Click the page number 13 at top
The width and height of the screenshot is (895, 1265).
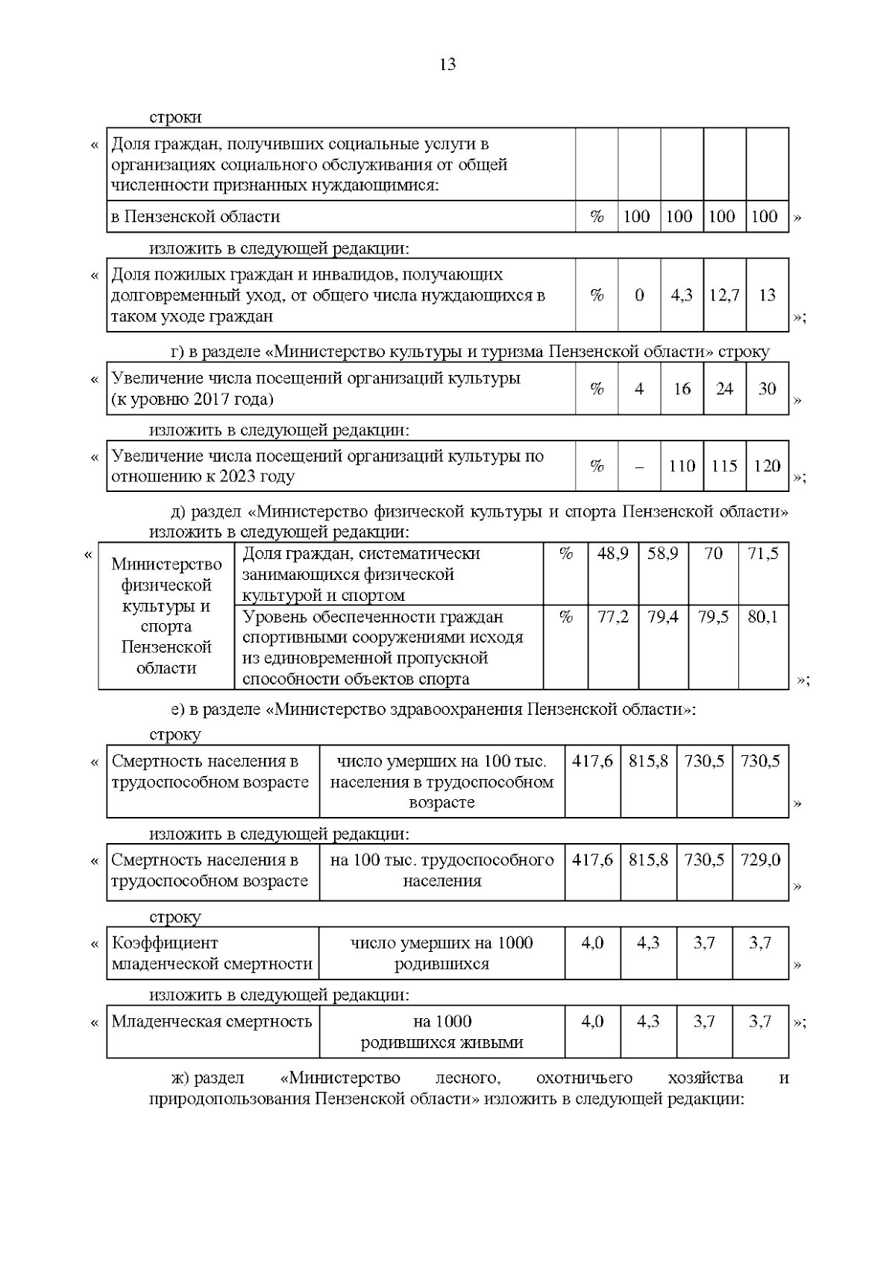pos(447,64)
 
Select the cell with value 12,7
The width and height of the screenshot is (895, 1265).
pos(724,295)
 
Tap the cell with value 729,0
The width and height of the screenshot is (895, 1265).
pos(760,860)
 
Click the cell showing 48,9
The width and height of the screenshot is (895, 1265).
pos(613,554)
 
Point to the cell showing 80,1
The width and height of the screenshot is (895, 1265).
pos(763,617)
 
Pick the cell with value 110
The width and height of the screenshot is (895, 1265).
pos(682,466)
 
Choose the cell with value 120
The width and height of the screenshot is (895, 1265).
pos(767,466)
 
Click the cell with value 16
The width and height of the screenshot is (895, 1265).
pos(682,388)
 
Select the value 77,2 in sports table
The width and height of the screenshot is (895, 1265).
pos(613,617)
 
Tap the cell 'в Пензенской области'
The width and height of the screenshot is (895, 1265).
pos(195,217)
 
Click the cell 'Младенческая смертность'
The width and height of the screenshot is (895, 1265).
pos(212,1021)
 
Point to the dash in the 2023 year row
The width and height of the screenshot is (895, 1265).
pos(639,467)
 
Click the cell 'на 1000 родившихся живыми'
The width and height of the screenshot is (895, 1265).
pos(442,1032)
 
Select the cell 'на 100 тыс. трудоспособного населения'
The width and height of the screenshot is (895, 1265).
pos(442,871)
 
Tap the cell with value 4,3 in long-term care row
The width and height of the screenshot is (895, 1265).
pos(682,295)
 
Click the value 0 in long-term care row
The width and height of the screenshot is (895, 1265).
pos(639,295)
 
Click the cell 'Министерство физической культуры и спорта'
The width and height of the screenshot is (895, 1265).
pos(166,616)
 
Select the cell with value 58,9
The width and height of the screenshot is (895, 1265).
pos(662,554)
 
